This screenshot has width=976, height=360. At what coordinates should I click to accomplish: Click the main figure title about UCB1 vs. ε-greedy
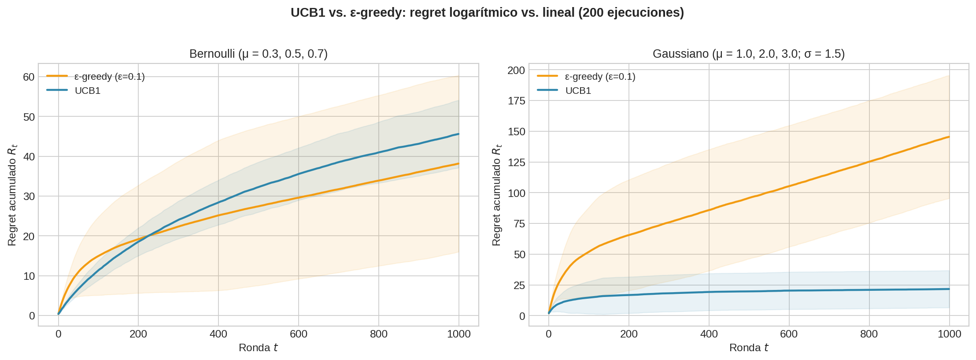click(487, 12)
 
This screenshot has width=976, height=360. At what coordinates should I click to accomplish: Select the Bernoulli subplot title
click(259, 54)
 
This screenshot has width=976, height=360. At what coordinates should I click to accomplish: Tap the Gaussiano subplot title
click(748, 54)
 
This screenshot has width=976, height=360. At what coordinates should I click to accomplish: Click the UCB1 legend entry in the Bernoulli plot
click(88, 91)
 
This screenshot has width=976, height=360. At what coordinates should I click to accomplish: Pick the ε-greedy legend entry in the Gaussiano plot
click(599, 77)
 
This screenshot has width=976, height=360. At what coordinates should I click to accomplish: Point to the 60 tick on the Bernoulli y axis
click(29, 77)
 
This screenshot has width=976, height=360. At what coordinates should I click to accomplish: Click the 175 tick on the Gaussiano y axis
click(516, 101)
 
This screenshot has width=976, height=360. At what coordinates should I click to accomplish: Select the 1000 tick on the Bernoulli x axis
click(458, 334)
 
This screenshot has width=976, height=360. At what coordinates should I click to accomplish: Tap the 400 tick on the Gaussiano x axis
click(709, 334)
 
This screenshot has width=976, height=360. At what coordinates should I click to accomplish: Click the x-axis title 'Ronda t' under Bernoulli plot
click(258, 348)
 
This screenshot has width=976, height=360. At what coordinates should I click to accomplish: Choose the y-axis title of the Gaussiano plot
click(496, 195)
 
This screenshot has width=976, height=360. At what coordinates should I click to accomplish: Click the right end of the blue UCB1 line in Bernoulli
click(458, 134)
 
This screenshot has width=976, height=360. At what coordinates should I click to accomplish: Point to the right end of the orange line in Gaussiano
click(949, 137)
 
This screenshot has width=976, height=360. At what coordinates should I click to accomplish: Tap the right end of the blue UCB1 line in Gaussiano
click(949, 289)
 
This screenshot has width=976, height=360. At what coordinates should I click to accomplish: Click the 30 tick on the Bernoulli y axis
click(29, 196)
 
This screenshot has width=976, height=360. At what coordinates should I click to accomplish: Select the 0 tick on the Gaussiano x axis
click(548, 334)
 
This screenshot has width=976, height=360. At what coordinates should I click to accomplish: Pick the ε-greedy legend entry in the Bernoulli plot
click(109, 77)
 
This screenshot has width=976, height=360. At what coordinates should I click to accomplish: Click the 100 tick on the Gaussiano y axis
click(516, 193)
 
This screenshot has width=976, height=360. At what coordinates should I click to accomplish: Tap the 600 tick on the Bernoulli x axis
click(298, 334)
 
